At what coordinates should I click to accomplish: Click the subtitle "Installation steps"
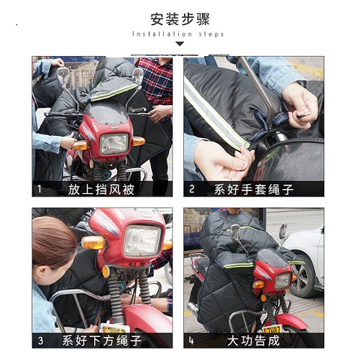(178, 34)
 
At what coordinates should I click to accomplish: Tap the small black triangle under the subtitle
(180, 44)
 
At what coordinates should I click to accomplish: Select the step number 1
(40, 190)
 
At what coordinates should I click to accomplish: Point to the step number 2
(191, 190)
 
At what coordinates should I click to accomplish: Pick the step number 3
(40, 340)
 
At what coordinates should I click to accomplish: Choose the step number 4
(191, 340)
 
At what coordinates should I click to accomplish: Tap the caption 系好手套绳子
(255, 190)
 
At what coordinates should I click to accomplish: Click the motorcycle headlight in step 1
(114, 143)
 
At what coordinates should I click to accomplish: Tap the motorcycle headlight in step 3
(142, 240)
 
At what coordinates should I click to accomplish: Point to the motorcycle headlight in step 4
(282, 280)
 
